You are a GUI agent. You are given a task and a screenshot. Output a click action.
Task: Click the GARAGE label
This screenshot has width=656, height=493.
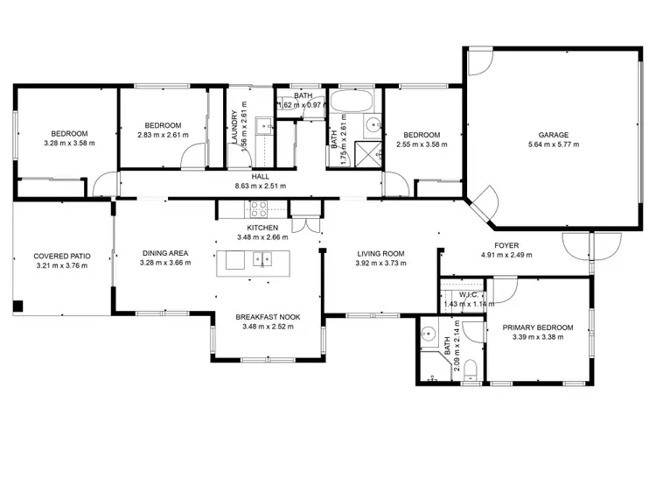(553, 135)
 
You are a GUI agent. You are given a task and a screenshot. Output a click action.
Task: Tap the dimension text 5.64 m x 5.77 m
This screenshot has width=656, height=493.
(553, 144)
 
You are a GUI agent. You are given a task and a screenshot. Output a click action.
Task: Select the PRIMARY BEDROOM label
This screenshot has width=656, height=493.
(538, 327)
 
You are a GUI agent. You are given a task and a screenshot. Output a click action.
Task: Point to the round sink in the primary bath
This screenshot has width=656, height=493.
(429, 334)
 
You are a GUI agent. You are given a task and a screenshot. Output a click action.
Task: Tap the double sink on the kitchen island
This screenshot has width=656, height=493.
(262, 259)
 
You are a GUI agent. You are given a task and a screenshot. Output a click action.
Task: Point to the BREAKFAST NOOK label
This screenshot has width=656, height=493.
(268, 318)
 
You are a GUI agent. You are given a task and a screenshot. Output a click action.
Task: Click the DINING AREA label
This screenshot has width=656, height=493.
(166, 255)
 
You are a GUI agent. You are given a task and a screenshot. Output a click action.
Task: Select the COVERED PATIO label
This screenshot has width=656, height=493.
(57, 257)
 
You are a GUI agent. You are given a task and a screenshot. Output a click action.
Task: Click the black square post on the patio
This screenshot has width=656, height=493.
(17, 306)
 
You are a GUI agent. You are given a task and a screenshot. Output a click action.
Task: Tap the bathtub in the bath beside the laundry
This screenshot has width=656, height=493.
(350, 102)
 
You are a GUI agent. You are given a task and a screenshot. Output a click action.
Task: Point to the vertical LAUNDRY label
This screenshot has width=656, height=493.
(234, 128)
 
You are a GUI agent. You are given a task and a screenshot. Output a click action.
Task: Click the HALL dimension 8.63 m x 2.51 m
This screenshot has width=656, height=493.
(260, 186)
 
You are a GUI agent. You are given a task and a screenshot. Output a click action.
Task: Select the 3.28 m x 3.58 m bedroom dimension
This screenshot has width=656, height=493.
(68, 144)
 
